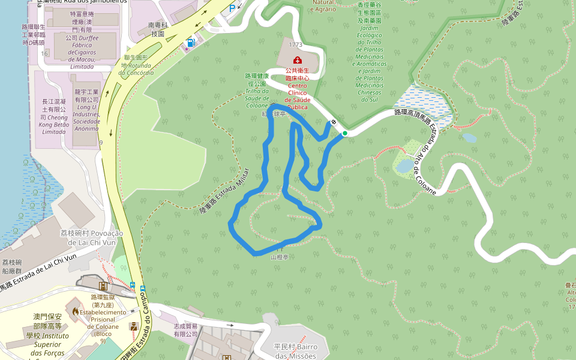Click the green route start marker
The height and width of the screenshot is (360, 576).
(x=345, y=133)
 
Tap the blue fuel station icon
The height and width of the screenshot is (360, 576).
(x=191, y=43)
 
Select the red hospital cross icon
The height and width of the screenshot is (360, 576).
(x=296, y=60)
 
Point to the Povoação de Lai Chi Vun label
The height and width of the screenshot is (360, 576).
(x=91, y=238)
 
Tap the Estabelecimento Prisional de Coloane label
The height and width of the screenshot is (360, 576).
(x=103, y=319)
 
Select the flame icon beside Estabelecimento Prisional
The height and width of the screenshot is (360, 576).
(x=75, y=311)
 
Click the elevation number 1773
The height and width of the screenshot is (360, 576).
(x=295, y=44)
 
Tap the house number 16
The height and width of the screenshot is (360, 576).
(x=44, y=54)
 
